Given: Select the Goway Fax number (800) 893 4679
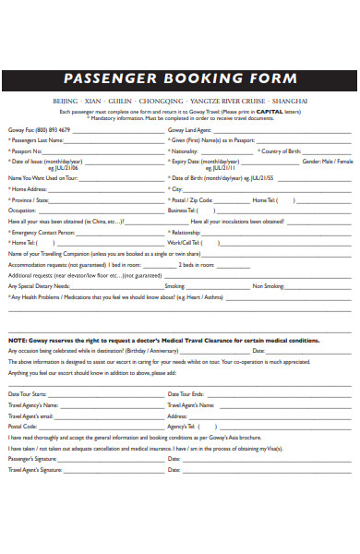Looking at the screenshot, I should pos(54,130).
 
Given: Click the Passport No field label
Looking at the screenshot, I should pos(26,151).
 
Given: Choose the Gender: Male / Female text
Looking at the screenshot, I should pos(327,161).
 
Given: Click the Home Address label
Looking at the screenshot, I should pos(30,189).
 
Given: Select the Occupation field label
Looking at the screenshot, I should pos(22,210).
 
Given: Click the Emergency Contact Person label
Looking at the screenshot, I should pos(42,232).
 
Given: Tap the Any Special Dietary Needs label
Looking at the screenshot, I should pos(40,286).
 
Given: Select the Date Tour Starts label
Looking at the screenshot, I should pos(27,394).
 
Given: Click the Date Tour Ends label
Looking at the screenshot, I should pos(186,394).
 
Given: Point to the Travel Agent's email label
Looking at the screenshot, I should pos(31,415).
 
